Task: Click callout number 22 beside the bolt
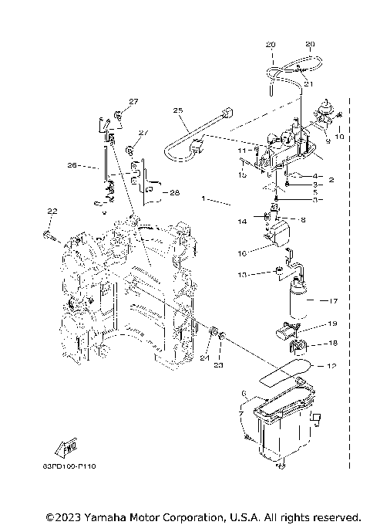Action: pos(52,212)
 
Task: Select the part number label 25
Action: pos(179,110)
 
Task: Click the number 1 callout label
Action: pos(204,199)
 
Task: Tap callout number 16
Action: pos(242,252)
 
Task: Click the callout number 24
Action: pos(204,357)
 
